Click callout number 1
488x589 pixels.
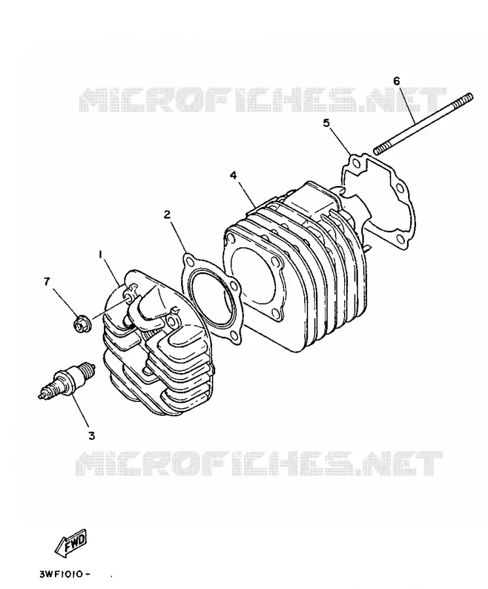click(x=100, y=255)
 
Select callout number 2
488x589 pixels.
click(x=167, y=215)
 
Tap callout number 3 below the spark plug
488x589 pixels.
click(x=92, y=435)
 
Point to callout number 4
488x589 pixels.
click(x=234, y=175)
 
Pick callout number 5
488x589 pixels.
click(x=326, y=123)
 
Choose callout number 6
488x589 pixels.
click(x=397, y=80)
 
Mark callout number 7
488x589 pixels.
click(x=46, y=281)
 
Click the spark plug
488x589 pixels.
click(x=67, y=380)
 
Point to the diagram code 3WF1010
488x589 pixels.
click(x=65, y=575)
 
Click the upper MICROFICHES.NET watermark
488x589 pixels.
click(x=262, y=99)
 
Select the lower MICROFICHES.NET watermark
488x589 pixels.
click(x=260, y=463)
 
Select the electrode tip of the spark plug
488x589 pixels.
click(x=41, y=395)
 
